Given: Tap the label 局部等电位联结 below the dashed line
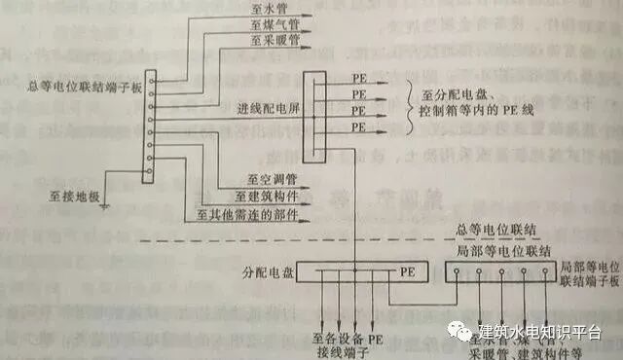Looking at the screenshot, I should pyautogui.click(x=495, y=249).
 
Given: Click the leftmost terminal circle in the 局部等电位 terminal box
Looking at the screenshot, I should pyautogui.click(x=457, y=273).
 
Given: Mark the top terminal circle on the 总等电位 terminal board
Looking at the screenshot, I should pyautogui.click(x=149, y=76).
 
